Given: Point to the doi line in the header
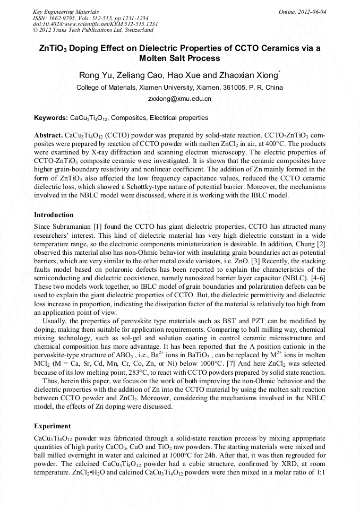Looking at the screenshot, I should tap(96, 24).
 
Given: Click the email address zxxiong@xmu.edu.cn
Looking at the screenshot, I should tap(179, 99).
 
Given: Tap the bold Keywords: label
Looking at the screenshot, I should tap(51, 117).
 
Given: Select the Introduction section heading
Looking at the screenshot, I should tap(54, 215).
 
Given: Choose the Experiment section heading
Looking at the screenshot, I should tap(52, 426).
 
